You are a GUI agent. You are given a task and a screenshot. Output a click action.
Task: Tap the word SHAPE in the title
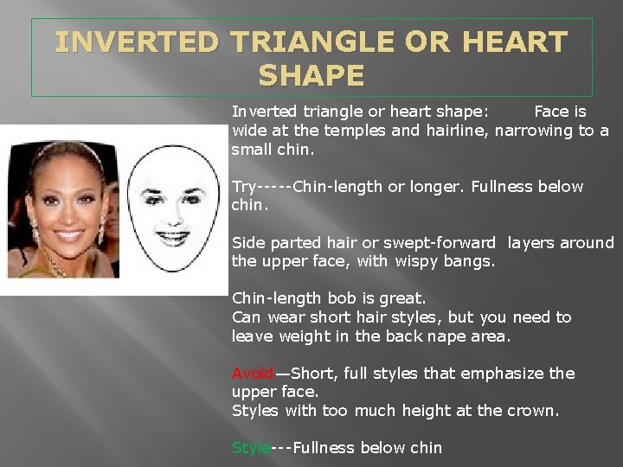[311, 77]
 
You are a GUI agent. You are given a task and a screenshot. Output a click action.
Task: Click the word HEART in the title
[519, 42]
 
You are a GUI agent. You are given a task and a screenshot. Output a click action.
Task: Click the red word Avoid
[252, 374]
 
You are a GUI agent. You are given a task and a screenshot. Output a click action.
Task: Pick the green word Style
[251, 448]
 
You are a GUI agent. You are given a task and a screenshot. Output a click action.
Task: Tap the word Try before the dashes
[244, 187]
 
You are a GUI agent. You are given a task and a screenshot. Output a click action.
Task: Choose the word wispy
[417, 261]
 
